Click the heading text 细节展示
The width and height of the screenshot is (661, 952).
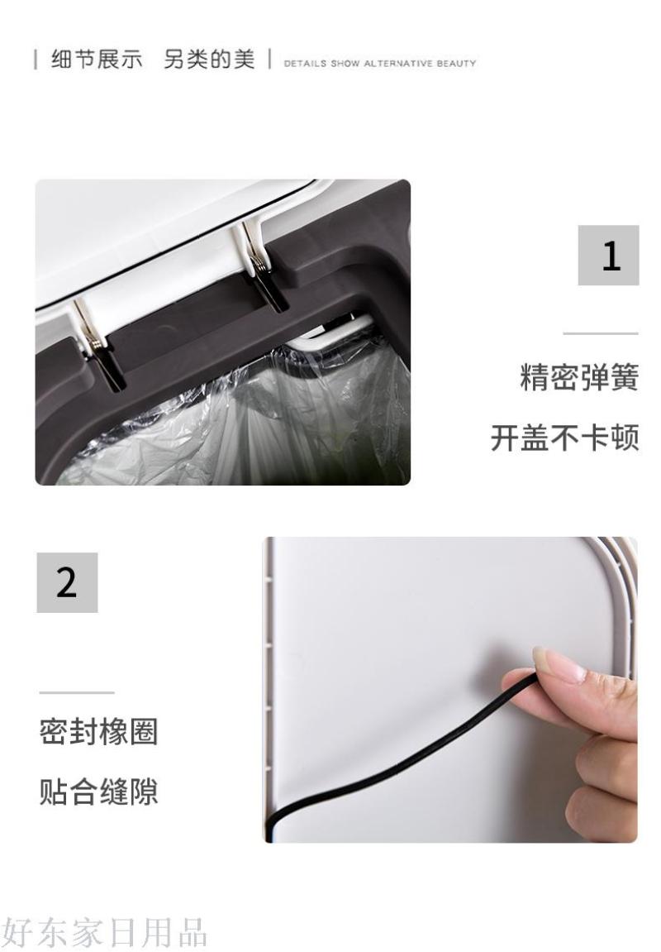97,60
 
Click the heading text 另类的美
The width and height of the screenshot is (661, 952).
209,60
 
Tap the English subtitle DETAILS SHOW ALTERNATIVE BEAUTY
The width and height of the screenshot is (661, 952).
380,63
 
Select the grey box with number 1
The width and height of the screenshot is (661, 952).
608,255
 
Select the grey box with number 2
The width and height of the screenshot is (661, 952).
67,582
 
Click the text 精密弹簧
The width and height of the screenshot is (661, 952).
580,377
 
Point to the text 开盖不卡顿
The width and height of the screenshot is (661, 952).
565,438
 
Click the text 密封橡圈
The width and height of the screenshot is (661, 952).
98,732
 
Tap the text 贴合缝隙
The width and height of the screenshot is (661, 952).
98,791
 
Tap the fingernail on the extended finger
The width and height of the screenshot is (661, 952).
558,664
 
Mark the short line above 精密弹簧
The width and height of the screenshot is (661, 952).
601,333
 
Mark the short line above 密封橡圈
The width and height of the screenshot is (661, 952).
77,692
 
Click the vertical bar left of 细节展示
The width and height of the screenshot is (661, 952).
36,60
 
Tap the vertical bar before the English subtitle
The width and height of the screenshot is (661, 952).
269,60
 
